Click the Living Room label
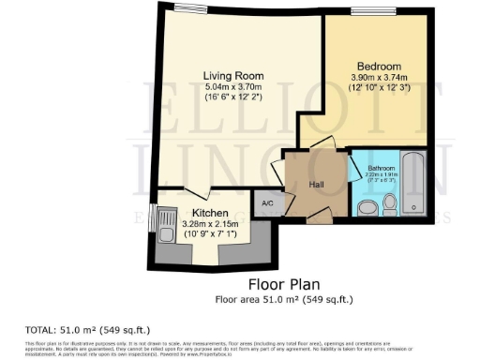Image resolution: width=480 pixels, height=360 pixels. point(234,75)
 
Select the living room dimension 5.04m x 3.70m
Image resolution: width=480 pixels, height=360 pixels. point(234,87)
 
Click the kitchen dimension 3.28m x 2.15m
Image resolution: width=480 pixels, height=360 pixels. point(211,225)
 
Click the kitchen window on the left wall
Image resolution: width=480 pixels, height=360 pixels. point(150,217)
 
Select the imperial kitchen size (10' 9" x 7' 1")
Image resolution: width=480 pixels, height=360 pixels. point(211,235)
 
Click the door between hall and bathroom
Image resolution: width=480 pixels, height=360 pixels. point(353,170)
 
